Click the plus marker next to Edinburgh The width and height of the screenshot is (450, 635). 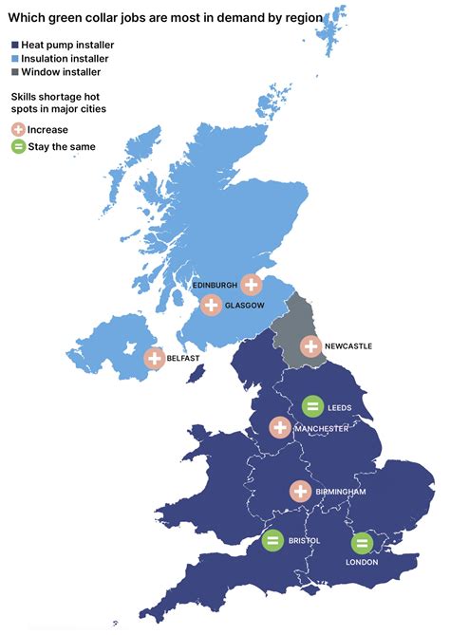coord(251,284)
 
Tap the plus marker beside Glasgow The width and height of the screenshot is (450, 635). coord(211,306)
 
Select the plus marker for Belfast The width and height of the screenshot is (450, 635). coord(154,358)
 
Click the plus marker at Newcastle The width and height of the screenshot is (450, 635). coord(310,346)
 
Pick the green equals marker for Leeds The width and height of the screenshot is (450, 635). coord(311,406)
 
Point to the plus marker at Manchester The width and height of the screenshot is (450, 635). coord(279,427)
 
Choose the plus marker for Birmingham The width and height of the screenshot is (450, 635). coord(300,491)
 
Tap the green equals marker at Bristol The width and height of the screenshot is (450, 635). coord(272,541)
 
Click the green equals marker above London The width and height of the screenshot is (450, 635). coord(362,543)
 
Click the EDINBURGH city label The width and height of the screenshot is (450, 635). coord(215,285)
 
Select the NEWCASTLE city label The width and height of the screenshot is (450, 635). coord(348,346)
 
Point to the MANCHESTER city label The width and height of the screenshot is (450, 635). coord(320,428)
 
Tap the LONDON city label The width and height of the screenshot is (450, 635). coord(362,562)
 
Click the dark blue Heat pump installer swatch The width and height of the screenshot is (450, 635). coord(14,45)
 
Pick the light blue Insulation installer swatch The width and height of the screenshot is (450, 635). coord(14,59)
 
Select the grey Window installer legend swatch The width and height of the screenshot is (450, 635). coord(14,73)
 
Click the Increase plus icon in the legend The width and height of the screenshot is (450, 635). coord(18,129)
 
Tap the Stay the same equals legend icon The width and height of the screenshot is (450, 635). coord(18,146)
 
